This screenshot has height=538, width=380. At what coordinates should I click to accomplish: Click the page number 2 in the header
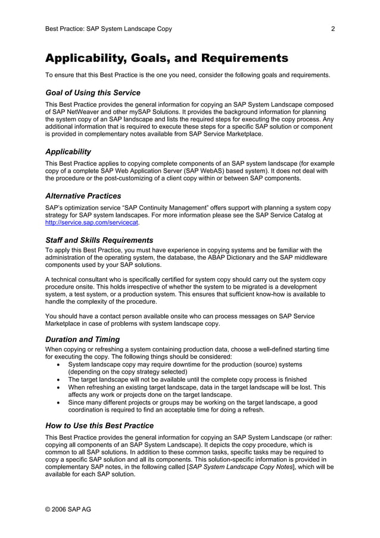pyautogui.click(x=333, y=29)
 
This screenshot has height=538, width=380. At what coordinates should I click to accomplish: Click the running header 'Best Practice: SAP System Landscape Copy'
pyautogui.click(x=108, y=29)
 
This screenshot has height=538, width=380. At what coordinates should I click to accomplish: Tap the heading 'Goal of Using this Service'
pyautogui.click(x=93, y=93)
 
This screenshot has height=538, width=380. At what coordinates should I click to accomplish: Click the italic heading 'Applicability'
pyautogui.click(x=68, y=152)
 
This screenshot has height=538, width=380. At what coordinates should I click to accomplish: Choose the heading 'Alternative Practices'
pyautogui.click(x=83, y=196)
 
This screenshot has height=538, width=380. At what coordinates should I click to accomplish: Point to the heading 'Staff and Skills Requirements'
pyautogui.click(x=99, y=240)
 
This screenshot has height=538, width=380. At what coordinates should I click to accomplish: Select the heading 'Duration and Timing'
pyautogui.click(x=83, y=340)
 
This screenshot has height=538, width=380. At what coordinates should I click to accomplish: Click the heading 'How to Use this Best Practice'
pyautogui.click(x=99, y=426)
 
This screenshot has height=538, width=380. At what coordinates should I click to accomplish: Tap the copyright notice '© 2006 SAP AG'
pyautogui.click(x=68, y=509)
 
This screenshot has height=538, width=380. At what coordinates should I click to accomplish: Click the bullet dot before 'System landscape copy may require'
pyautogui.click(x=57, y=365)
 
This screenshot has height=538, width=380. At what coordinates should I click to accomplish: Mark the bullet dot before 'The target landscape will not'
pyautogui.click(x=57, y=380)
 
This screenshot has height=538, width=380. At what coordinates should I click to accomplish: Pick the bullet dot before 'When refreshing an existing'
pyautogui.click(x=57, y=387)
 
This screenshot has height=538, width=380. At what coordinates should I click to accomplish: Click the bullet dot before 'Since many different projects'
pyautogui.click(x=57, y=403)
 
